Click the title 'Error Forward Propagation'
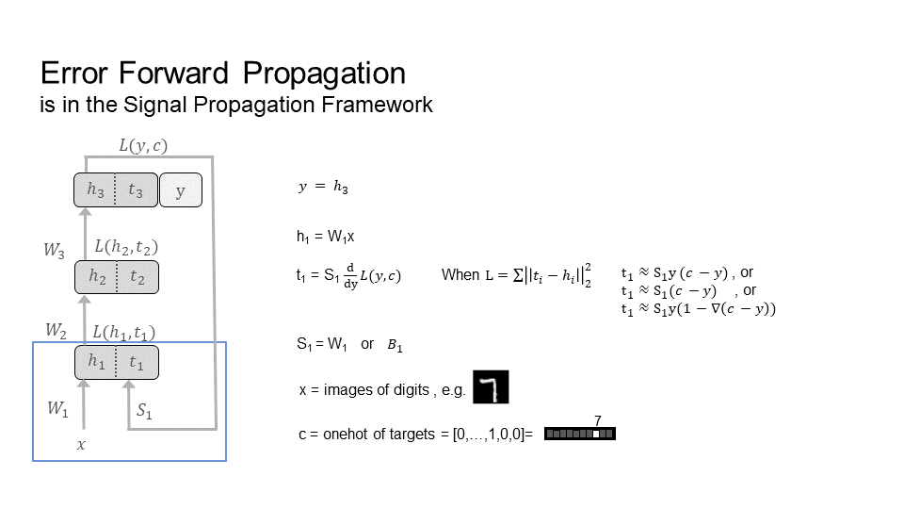point(223,74)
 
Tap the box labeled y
point(180,191)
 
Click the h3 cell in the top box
point(95,191)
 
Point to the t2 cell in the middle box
point(137,276)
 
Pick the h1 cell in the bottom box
point(96,362)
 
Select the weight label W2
point(56,330)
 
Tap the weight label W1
point(56,409)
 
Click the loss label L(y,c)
point(148,145)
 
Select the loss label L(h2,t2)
point(126,247)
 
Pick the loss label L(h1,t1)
point(124,332)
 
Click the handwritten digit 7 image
point(491,386)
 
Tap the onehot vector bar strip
point(579,435)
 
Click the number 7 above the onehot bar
point(597,420)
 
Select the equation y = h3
point(323,189)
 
